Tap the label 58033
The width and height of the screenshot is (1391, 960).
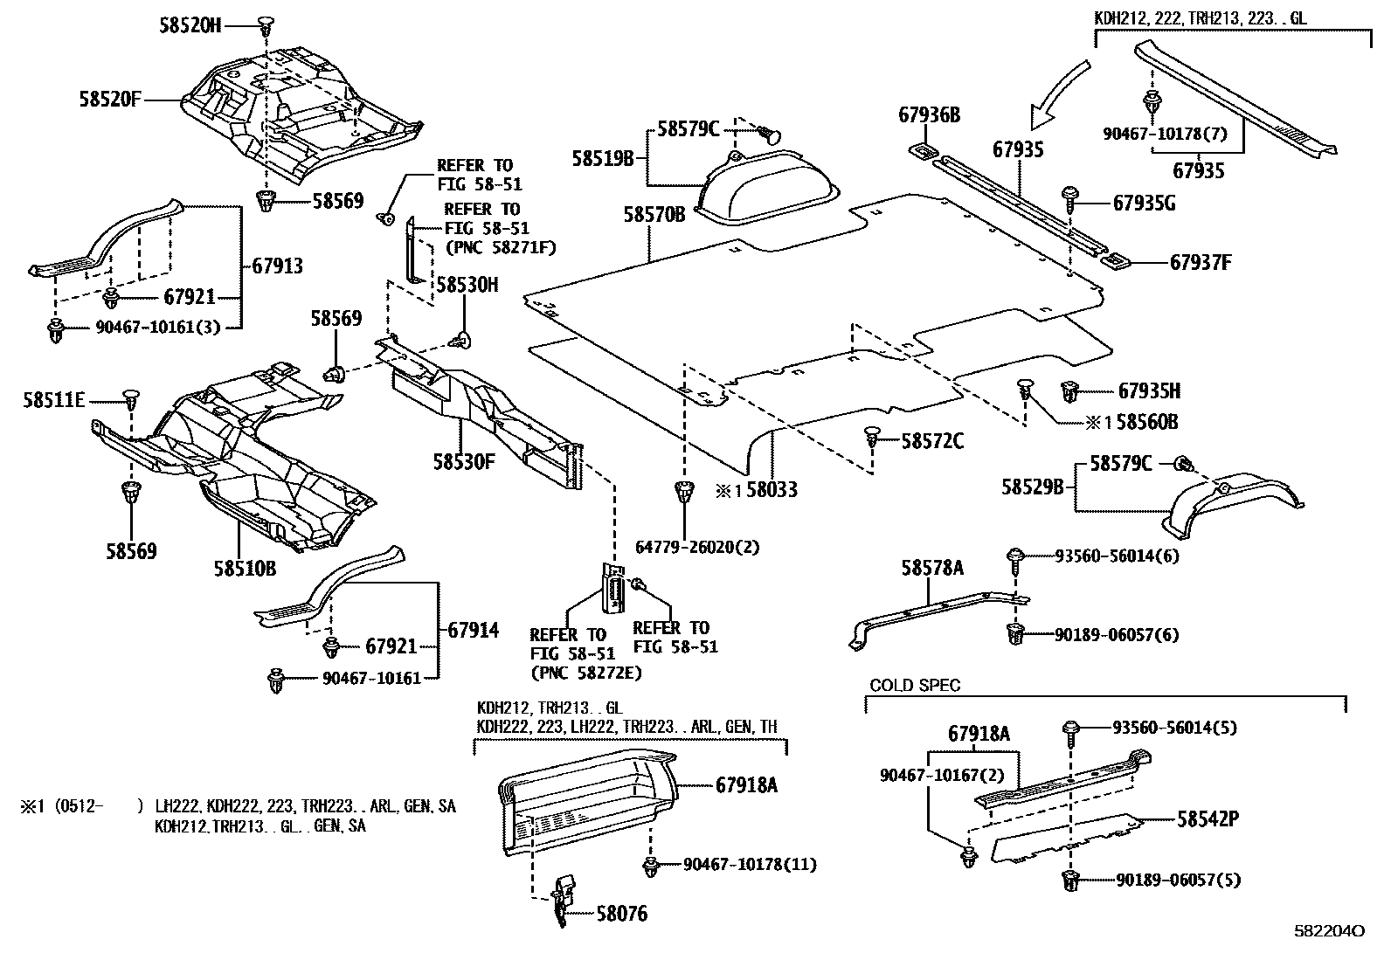(x=769, y=491)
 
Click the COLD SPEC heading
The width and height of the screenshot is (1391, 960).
(x=914, y=686)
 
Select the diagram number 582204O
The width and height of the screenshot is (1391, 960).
(x=1327, y=931)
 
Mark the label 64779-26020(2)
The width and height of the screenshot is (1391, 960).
(x=697, y=548)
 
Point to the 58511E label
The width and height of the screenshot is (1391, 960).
(x=54, y=400)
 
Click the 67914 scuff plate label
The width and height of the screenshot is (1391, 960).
(x=473, y=630)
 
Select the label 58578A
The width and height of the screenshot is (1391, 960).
(x=932, y=569)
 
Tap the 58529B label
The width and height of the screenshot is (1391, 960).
(x=1032, y=487)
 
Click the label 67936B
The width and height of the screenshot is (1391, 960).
(x=930, y=114)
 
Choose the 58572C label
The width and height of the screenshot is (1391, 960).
(x=932, y=441)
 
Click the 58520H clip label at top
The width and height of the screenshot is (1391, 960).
(x=190, y=25)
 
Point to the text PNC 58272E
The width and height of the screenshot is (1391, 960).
(x=585, y=673)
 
